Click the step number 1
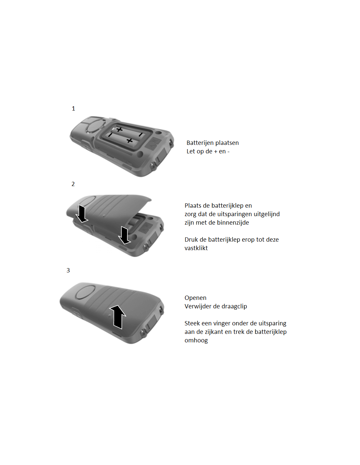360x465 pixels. [73, 109]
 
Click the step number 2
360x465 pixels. [73, 184]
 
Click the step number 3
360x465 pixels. [68, 270]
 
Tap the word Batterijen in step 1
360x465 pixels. [200, 143]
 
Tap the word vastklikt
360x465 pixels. [196, 248]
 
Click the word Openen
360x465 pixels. [195, 298]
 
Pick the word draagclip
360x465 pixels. [234, 306]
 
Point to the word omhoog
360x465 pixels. [196, 340]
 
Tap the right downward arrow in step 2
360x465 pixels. [124, 235]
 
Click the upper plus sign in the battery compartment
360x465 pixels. [119, 129]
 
